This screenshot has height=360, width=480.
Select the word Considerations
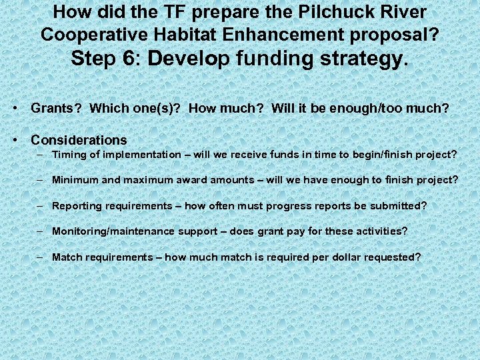[x=79, y=140]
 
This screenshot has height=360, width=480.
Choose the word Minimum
[x=73, y=180]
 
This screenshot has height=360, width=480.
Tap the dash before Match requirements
[x=41, y=257]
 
